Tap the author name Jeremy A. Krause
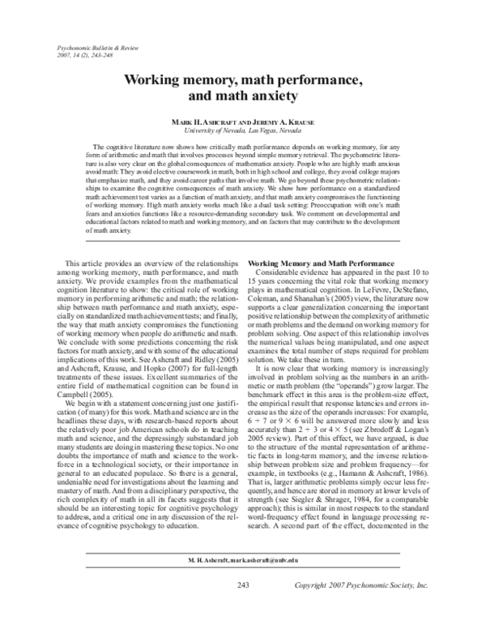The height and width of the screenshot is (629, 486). tap(277, 121)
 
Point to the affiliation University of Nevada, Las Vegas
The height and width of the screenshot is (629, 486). tap(242, 129)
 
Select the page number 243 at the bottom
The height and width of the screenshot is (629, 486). tap(242, 608)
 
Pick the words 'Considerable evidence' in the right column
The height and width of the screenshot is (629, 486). tap(294, 250)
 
